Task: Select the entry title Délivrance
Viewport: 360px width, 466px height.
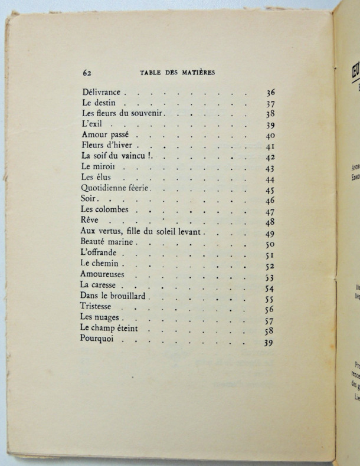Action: click(x=101, y=92)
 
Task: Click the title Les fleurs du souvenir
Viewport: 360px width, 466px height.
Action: click(x=122, y=113)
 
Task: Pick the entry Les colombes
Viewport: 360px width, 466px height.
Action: click(x=106, y=211)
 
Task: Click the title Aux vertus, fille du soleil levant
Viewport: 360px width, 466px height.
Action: click(x=142, y=232)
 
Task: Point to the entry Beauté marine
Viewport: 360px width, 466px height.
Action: click(x=107, y=243)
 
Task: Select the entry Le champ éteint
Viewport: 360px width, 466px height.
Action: click(x=110, y=330)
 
